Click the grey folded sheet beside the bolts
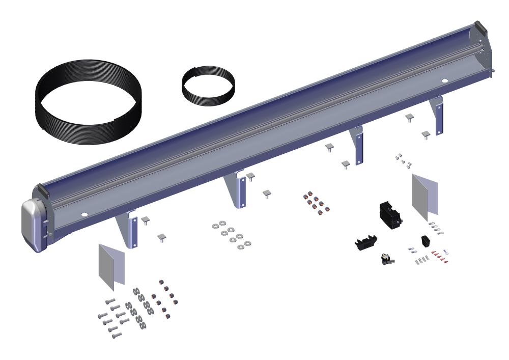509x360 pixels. (111, 263)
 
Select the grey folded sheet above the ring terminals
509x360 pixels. (426, 196)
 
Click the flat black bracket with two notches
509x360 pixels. (367, 242)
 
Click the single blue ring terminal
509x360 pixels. (446, 251)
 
